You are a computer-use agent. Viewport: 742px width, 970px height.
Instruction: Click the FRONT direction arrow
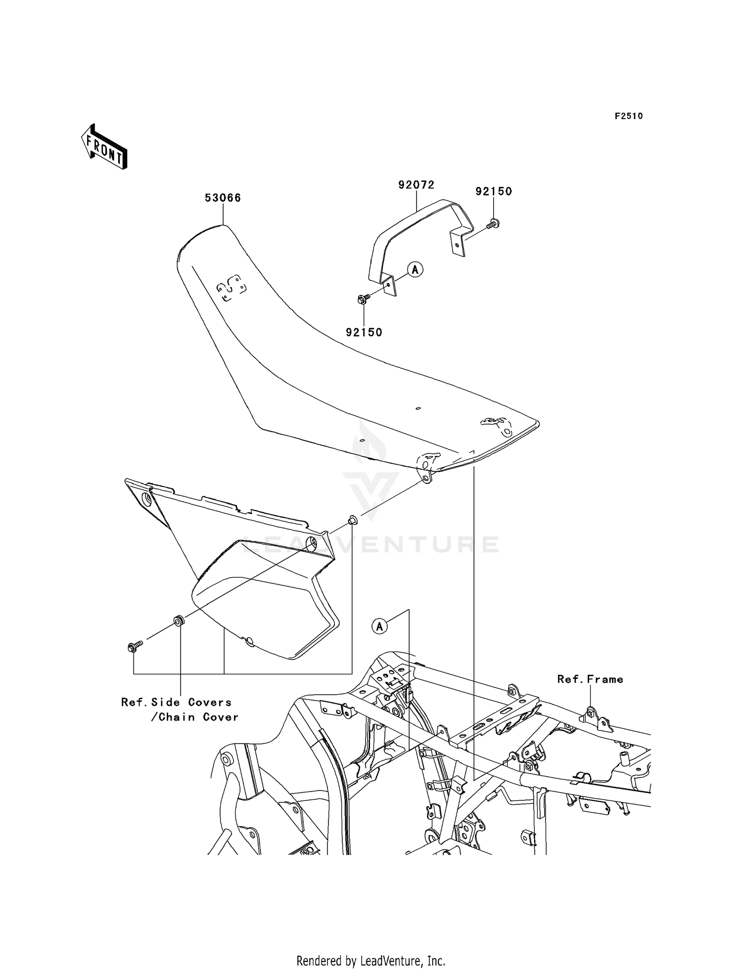tap(104, 147)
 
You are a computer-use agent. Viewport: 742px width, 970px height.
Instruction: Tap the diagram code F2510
tap(628, 116)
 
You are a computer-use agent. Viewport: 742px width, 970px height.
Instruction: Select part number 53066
tap(223, 198)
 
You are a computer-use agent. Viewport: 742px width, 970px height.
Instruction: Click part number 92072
tap(416, 185)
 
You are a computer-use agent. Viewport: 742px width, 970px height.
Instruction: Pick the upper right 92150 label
tap(493, 191)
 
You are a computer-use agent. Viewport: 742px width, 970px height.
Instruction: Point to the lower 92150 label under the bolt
tap(364, 332)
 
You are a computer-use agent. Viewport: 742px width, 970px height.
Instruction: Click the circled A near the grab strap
tap(416, 269)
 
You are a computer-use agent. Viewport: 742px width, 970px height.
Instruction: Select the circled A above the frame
tap(379, 626)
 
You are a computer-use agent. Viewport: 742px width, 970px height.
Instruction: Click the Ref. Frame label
tap(590, 679)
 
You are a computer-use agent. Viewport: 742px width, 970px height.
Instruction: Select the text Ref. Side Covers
tap(176, 702)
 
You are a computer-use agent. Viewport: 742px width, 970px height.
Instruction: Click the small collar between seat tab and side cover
tap(353, 520)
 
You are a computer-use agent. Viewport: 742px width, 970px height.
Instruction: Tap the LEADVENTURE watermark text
tap(371, 544)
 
